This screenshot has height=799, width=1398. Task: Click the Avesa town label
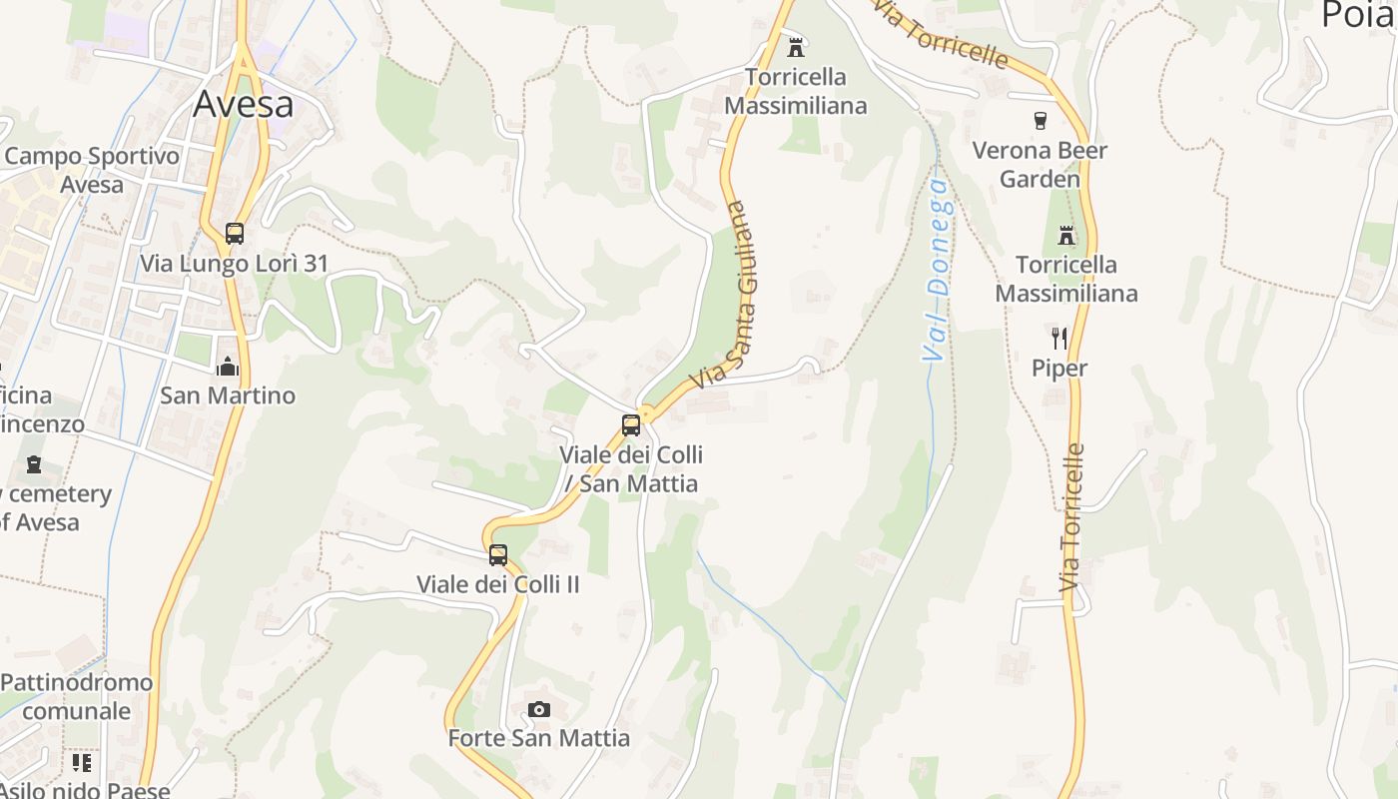pyautogui.click(x=243, y=104)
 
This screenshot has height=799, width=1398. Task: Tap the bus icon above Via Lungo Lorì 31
pyautogui.click(x=235, y=234)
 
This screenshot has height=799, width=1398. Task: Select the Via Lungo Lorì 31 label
pyautogui.click(x=235, y=264)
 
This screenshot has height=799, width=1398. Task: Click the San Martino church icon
pyautogui.click(x=228, y=367)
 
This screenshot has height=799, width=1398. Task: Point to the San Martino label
pyautogui.click(x=228, y=396)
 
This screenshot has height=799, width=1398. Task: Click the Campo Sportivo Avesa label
pyautogui.click(x=92, y=170)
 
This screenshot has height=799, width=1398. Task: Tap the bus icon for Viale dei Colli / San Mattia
pyautogui.click(x=631, y=425)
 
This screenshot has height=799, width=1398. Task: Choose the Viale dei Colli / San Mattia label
pyautogui.click(x=631, y=469)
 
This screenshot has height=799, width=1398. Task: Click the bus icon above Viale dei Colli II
pyautogui.click(x=498, y=555)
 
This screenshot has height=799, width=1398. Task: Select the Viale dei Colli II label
pyautogui.click(x=498, y=584)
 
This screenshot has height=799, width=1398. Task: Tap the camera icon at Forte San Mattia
pyautogui.click(x=539, y=709)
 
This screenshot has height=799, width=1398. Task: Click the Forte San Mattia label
pyautogui.click(x=539, y=738)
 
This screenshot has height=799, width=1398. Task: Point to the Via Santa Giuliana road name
pyautogui.click(x=726, y=296)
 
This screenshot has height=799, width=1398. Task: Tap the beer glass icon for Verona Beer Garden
pyautogui.click(x=1041, y=121)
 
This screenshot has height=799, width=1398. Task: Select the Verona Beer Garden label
pyautogui.click(x=1041, y=165)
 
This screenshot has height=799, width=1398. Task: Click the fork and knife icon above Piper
pyautogui.click(x=1059, y=339)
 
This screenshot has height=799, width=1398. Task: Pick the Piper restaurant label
pyautogui.click(x=1059, y=369)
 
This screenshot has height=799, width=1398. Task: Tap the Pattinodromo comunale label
pyautogui.click(x=77, y=696)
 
